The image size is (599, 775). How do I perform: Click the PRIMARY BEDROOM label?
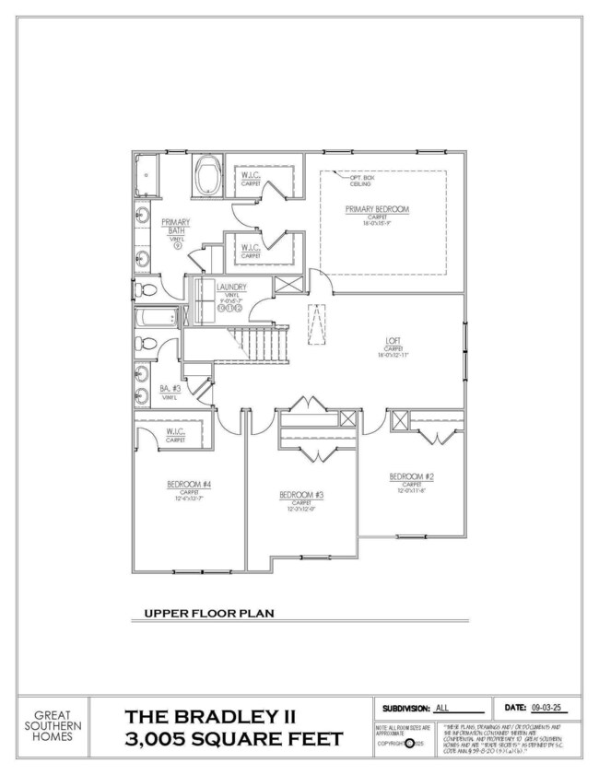pyautogui.click(x=377, y=209)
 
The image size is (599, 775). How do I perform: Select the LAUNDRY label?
pyautogui.click(x=231, y=288)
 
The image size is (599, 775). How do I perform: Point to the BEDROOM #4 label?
pyautogui.click(x=189, y=484)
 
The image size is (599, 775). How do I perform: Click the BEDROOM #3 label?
pyautogui.click(x=301, y=495)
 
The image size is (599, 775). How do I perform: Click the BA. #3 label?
pyautogui.click(x=169, y=389)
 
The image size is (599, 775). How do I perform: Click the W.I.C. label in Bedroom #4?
pyautogui.click(x=176, y=432)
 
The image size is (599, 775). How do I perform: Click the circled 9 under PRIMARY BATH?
pyautogui.click(x=176, y=245)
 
